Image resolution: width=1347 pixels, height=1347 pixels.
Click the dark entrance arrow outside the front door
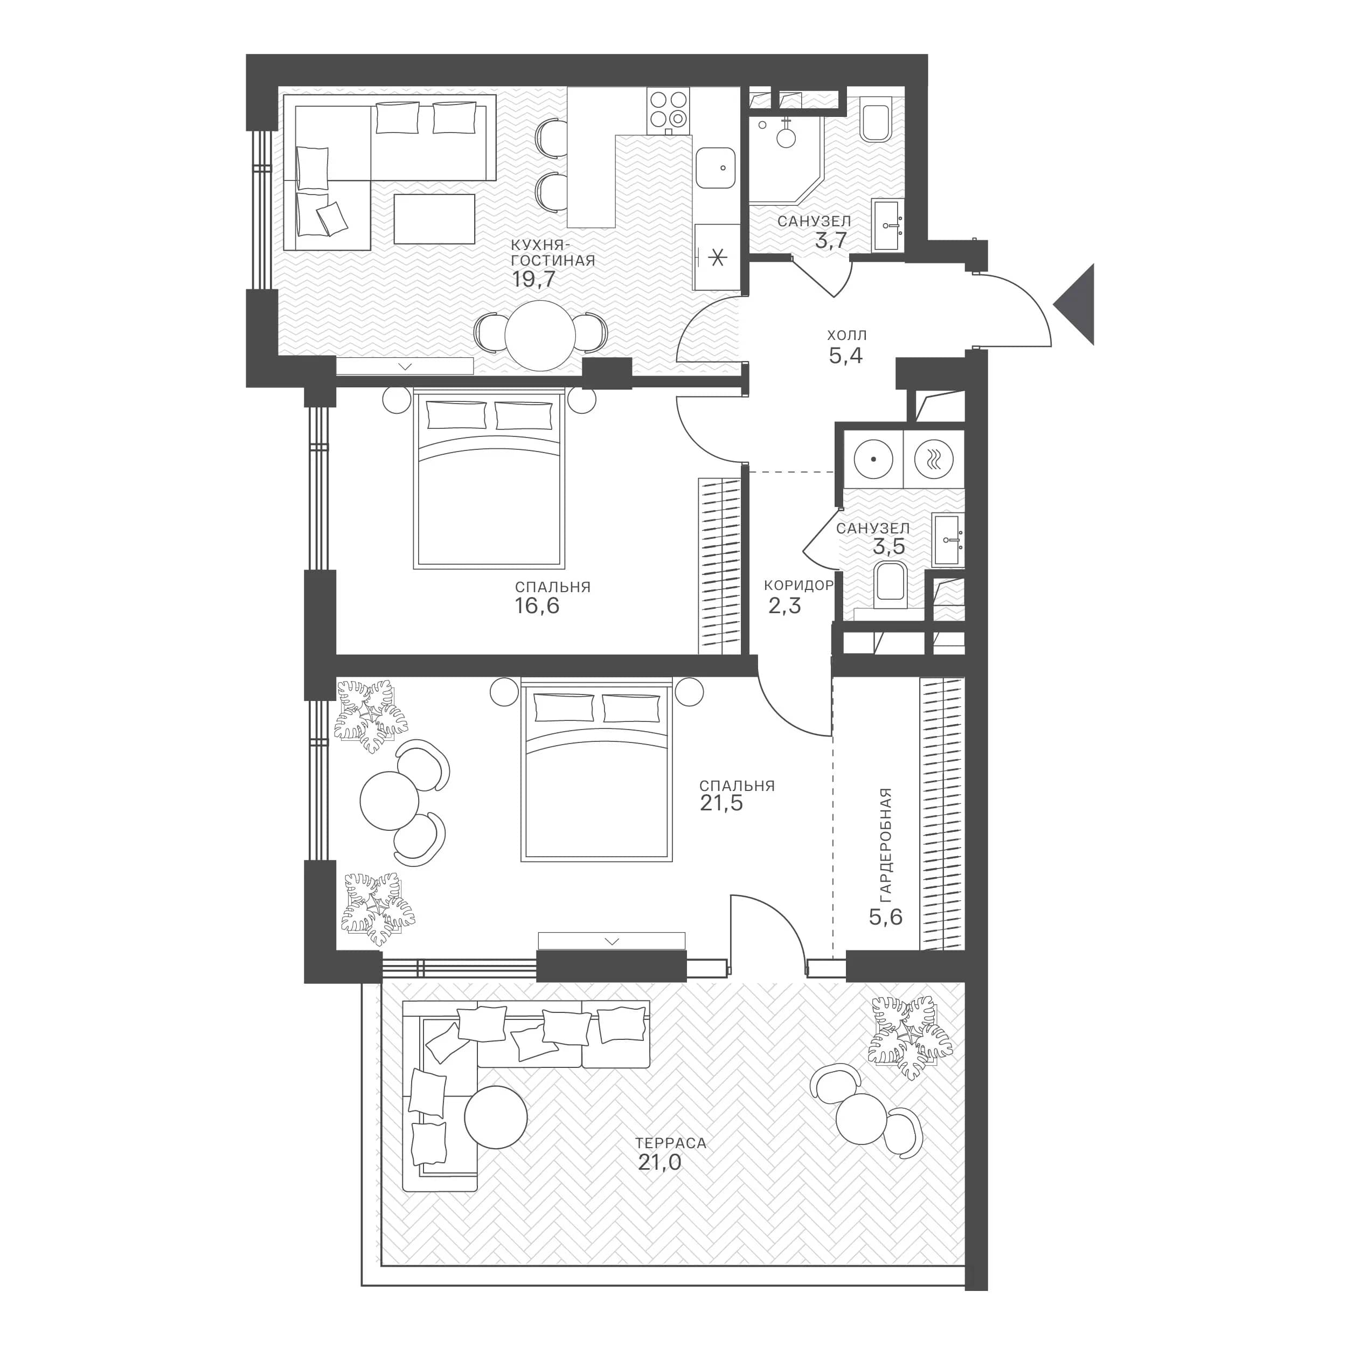point(1077,304)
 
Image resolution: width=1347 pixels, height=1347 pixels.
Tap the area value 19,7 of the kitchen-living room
point(533,280)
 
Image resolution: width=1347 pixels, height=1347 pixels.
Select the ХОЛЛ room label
point(847,335)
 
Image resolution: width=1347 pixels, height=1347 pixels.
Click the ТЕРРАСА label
point(671,1143)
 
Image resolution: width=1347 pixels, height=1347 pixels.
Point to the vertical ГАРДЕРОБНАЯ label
point(885,844)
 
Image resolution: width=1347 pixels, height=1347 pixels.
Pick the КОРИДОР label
point(799,586)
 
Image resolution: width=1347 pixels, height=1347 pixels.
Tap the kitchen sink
point(716,169)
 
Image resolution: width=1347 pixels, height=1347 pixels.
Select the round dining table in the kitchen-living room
point(540,335)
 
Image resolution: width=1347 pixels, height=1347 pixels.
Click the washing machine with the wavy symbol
point(934,460)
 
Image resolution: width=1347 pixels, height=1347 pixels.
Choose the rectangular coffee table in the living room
point(434,219)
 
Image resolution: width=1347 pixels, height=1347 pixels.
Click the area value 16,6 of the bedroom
point(537,605)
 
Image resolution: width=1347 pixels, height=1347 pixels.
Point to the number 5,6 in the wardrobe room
point(885,916)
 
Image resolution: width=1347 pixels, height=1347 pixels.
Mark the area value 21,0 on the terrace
point(659,1162)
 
